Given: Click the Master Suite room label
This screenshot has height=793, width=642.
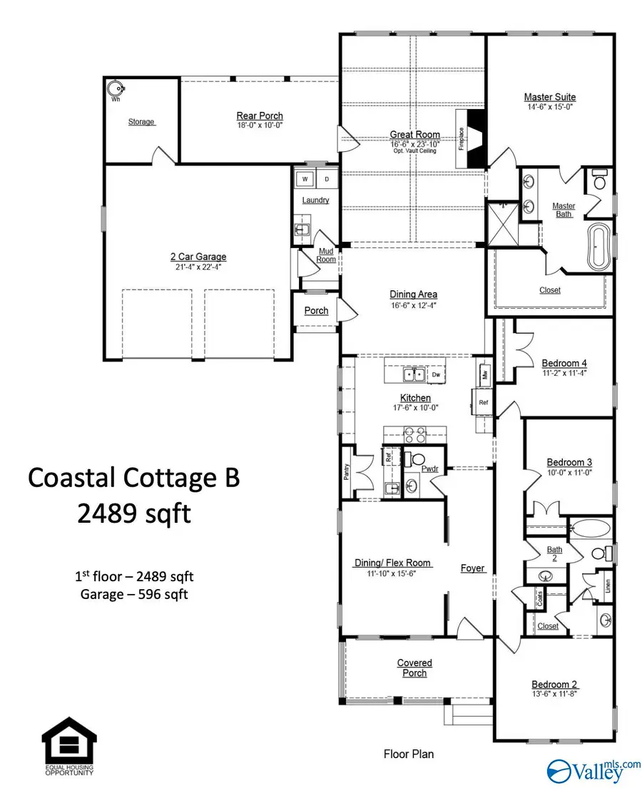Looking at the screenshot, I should (x=549, y=97).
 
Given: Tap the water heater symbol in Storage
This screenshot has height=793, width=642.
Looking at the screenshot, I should (x=116, y=88).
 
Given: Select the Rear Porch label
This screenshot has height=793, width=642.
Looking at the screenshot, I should (x=260, y=116).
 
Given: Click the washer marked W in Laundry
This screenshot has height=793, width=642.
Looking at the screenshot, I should (x=305, y=179).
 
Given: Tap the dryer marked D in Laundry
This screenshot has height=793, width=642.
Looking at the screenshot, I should (x=327, y=179).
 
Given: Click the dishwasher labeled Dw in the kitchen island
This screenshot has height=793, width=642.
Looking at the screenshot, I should (x=435, y=374).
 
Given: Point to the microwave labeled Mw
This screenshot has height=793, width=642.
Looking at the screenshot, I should (x=484, y=373).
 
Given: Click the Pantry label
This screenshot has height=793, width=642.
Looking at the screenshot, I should (x=346, y=471).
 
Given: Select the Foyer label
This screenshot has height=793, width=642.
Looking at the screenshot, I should (x=472, y=568).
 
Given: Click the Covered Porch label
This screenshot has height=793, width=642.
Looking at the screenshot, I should (x=414, y=668).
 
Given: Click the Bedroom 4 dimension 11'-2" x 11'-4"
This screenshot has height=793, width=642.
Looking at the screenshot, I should (x=564, y=372).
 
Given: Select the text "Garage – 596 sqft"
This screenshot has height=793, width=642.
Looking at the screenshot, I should (x=135, y=594).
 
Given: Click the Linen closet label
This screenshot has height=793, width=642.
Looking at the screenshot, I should (x=607, y=585).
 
